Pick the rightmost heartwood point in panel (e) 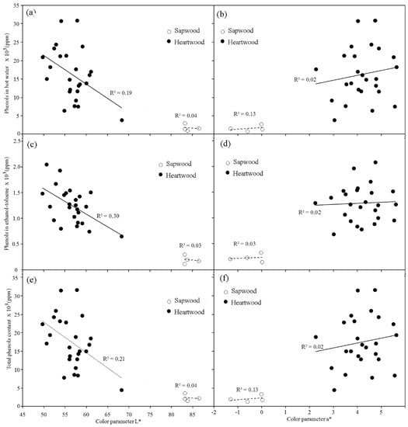(122, 390)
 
